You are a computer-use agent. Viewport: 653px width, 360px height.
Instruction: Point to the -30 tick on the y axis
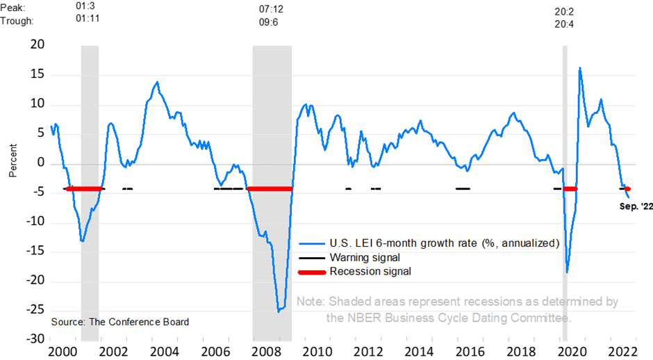(x=33, y=341)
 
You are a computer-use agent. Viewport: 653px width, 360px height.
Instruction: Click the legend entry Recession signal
(x=370, y=271)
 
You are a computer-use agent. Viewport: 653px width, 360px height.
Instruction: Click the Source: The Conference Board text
(x=119, y=322)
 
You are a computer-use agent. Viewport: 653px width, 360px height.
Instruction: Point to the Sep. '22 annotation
(x=636, y=206)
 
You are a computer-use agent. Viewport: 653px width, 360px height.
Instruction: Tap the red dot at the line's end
(x=628, y=189)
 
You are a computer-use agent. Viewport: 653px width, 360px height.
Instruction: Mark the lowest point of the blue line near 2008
(x=279, y=311)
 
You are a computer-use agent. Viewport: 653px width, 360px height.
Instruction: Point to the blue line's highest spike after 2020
(x=579, y=68)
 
